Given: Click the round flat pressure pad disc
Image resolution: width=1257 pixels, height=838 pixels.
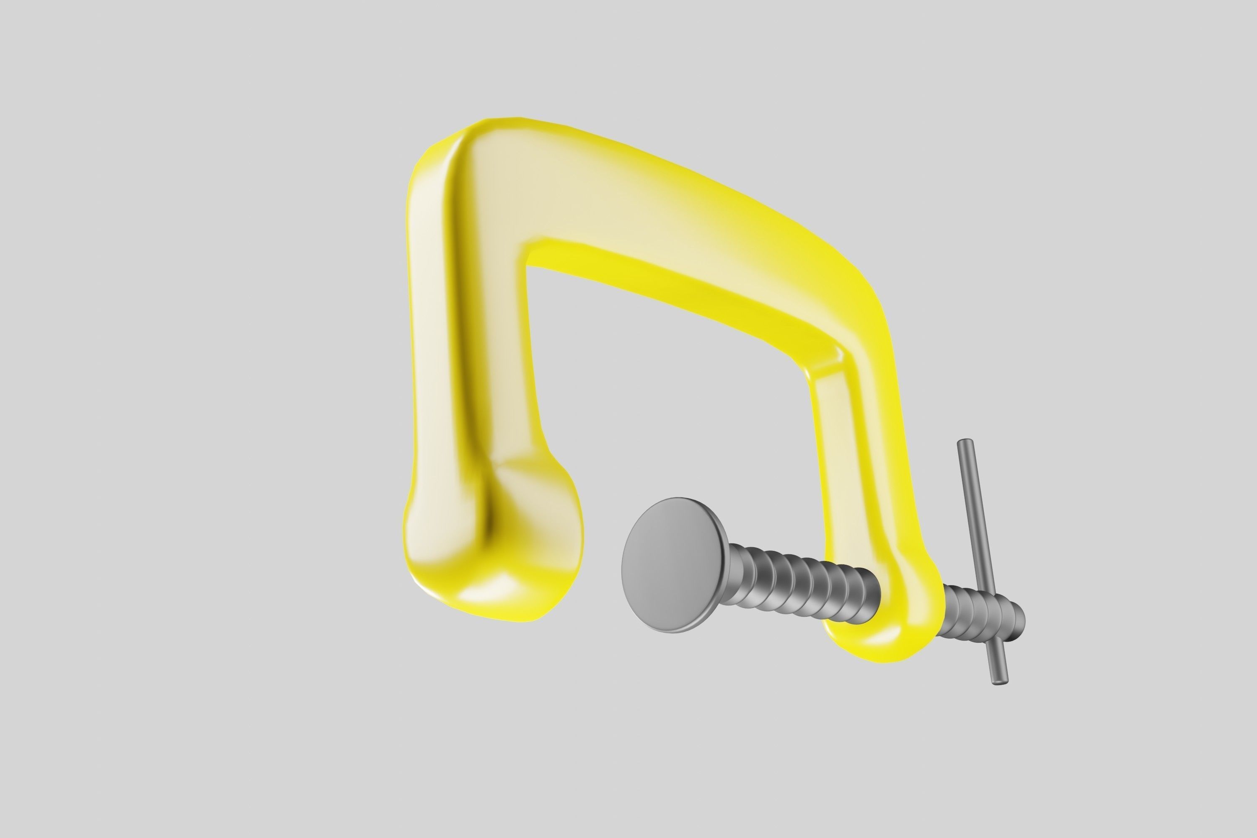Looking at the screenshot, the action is point(675,565).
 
